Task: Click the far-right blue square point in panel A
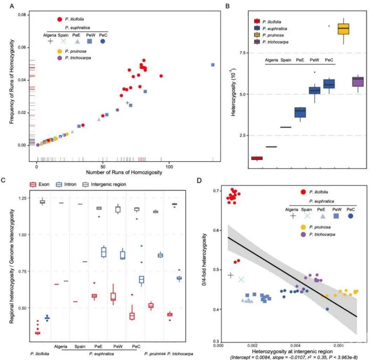coord(213,65)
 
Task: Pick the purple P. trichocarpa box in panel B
coord(358,82)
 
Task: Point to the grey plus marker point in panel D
coord(230,275)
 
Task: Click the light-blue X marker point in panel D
coord(241,279)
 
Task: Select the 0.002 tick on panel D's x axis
coord(254,345)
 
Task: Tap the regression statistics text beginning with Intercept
coord(294,357)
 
